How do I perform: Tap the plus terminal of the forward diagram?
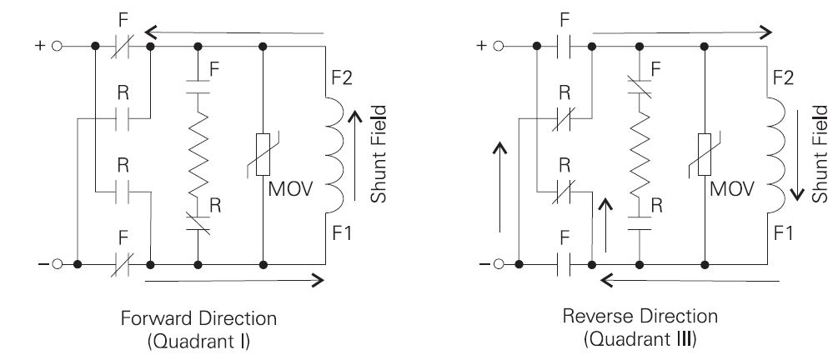click(x=57, y=47)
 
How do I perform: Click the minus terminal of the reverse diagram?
click(x=499, y=265)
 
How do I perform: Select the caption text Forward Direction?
click(x=198, y=319)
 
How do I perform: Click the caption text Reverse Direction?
click(x=640, y=317)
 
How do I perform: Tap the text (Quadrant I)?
click(x=198, y=341)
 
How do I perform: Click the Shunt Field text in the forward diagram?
click(x=379, y=153)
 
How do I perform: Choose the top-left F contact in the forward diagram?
click(x=122, y=47)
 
